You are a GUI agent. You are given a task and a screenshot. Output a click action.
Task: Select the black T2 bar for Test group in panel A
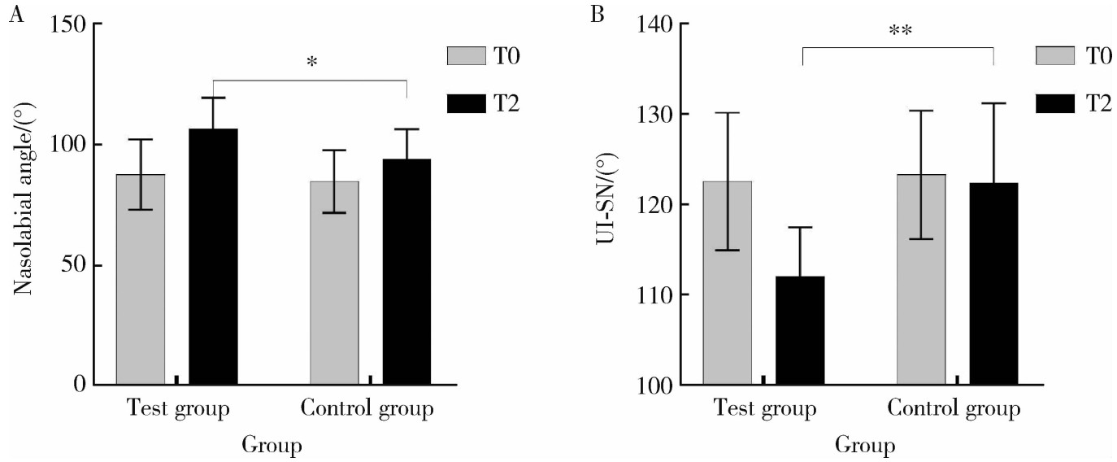213,256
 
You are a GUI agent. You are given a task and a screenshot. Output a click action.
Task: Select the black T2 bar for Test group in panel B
800,330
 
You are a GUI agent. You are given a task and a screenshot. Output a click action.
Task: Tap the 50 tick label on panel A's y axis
72,265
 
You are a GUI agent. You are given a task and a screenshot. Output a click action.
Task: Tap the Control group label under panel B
953,408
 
